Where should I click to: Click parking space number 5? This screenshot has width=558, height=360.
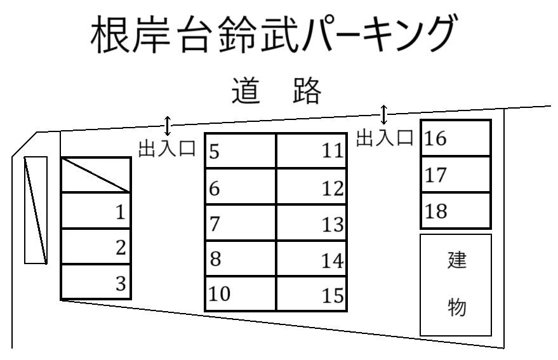[x=241, y=150]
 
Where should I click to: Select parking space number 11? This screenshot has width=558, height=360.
[x=312, y=150]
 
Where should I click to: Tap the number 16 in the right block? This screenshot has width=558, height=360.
[x=435, y=138]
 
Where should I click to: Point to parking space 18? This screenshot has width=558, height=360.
[x=456, y=210]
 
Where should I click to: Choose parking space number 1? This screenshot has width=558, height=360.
[x=96, y=210]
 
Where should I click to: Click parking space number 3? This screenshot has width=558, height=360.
[x=96, y=282]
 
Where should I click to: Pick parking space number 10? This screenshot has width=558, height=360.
[x=241, y=293]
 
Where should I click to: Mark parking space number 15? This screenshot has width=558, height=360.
[x=312, y=293]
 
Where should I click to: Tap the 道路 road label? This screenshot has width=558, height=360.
[x=277, y=90]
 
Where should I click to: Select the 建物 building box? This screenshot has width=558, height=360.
[x=456, y=285]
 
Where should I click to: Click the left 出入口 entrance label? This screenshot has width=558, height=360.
[x=167, y=148]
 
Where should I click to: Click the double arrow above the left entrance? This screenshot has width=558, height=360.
[x=167, y=126]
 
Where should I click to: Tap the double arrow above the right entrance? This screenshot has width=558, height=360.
[x=383, y=114]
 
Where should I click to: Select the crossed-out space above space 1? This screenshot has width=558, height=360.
[x=96, y=175]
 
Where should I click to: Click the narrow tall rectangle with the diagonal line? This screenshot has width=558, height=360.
[x=36, y=210]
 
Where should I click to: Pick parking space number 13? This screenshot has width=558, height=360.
[x=312, y=222]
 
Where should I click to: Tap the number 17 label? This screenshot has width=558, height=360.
[x=435, y=175]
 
